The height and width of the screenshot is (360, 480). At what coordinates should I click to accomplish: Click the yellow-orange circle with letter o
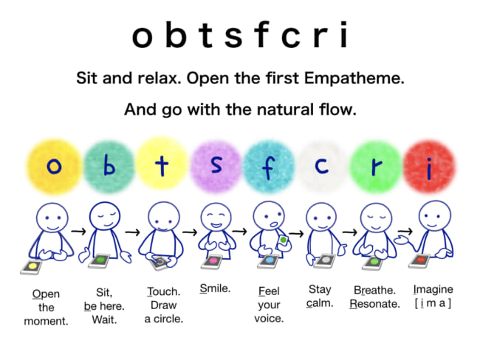pos(53,166)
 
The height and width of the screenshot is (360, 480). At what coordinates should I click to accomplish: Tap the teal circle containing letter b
pos(109,166)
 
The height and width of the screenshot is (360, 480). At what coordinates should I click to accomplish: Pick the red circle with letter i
pos(428,166)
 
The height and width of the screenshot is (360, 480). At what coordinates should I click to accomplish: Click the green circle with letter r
pos(376,166)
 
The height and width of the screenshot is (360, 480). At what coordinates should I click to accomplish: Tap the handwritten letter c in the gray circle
pos(321,166)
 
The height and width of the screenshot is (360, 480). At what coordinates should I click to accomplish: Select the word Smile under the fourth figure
pos(216,288)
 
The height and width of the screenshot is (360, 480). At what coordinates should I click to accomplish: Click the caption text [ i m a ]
pos(433,304)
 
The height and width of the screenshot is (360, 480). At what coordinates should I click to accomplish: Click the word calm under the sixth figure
pos(320,303)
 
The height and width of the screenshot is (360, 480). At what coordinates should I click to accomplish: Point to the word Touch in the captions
pos(162,290)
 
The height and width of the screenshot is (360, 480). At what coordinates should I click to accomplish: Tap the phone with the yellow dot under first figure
pos(32,265)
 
